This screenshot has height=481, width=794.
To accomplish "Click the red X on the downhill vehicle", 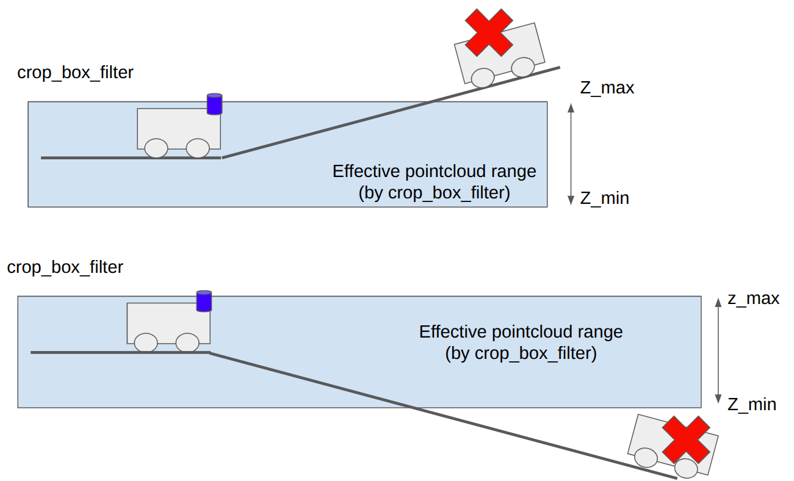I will point(687,439).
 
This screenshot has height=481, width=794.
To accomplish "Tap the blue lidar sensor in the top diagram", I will point(214,104).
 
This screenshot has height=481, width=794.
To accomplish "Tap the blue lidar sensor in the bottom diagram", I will point(204,301).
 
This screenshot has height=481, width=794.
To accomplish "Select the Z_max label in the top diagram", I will point(607,88).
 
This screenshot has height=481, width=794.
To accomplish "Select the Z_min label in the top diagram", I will point(604,198).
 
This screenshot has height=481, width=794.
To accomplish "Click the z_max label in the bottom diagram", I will point(753,298).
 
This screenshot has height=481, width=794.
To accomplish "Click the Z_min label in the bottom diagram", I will point(751,404).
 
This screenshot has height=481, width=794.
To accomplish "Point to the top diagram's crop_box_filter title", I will point(75,73).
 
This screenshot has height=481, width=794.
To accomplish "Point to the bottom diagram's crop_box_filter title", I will point(65,267).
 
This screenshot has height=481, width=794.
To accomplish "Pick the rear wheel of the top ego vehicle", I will point(156,148).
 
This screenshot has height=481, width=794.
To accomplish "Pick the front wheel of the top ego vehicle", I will point(197,148).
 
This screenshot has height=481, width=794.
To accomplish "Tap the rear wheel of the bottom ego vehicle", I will point(146,342).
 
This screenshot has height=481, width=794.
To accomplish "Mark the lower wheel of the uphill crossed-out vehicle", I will point(483,78).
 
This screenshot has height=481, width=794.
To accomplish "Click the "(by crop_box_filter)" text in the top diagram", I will point(434,193).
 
